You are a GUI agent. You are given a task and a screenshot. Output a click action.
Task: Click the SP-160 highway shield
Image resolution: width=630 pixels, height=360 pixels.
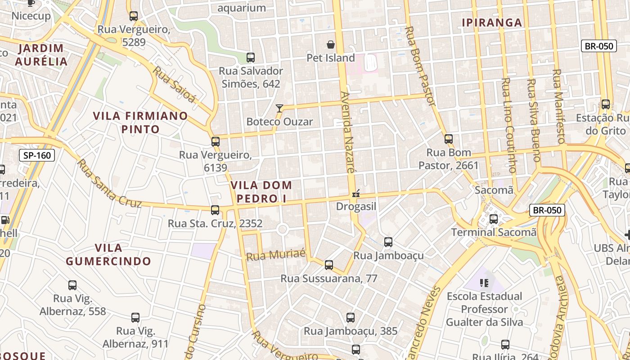tap(37, 156)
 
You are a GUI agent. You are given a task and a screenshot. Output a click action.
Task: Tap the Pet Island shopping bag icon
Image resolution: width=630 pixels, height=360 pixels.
tap(331, 45)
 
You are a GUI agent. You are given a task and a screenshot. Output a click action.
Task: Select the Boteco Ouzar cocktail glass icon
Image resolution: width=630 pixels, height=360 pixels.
tap(279, 108)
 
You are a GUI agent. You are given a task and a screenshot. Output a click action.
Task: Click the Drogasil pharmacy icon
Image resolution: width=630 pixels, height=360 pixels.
tap(356, 194)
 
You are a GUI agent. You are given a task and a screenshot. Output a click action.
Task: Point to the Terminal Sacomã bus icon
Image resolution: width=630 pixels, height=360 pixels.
tap(494, 219)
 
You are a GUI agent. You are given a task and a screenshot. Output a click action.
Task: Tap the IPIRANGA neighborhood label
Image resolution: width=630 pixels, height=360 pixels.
tap(492, 22)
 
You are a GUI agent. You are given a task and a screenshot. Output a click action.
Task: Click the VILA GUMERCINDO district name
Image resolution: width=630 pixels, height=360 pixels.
tap(108, 254)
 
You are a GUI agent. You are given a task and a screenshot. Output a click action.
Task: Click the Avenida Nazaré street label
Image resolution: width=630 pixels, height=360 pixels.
tap(348, 133)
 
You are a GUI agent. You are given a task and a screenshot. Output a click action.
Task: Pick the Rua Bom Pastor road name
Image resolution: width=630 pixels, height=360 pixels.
tap(421, 66)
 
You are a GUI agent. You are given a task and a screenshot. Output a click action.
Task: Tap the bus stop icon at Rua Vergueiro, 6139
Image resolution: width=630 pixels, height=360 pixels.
tap(216, 141)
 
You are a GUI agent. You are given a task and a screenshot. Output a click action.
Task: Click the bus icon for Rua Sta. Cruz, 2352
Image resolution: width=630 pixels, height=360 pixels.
tap(215, 210)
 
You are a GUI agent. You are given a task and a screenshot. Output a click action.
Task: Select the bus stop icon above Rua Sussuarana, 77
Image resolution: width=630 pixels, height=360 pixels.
tap(329, 265)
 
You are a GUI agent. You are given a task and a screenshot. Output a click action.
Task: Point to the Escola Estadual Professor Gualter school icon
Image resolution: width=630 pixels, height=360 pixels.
tap(484, 283)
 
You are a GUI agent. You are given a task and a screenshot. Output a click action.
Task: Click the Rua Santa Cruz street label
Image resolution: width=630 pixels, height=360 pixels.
tap(109, 184)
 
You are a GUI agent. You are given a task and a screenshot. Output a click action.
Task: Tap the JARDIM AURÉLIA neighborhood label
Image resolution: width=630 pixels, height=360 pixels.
tap(41, 55)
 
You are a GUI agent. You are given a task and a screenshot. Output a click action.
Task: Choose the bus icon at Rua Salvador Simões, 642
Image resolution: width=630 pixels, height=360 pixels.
tap(251, 58)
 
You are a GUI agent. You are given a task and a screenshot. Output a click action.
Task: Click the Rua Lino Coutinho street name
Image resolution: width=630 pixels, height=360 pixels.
tap(508, 126)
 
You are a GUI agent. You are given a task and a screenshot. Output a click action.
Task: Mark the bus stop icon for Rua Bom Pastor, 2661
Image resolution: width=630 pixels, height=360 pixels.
tap(449, 139)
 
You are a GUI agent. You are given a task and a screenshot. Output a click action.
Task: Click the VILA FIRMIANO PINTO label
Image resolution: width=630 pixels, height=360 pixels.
tap(140, 122)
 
